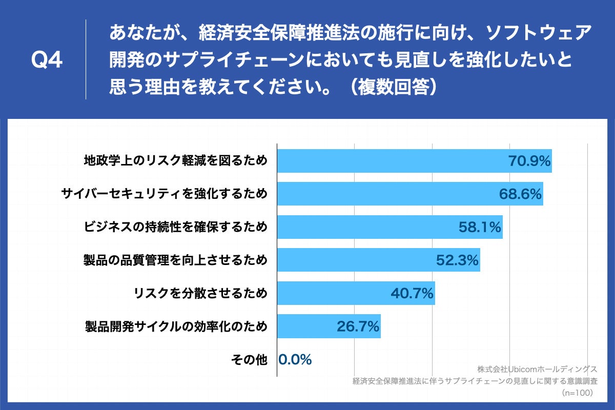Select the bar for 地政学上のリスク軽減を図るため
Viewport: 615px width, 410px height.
389,161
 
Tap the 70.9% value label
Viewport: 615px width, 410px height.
529,161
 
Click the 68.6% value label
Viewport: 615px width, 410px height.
520,194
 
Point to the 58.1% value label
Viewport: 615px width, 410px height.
480,227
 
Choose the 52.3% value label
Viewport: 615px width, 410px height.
457,260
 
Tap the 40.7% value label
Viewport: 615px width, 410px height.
412,293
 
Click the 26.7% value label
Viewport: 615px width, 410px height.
358,326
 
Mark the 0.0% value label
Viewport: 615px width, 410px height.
295,360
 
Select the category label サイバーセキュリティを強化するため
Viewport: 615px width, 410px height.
165,194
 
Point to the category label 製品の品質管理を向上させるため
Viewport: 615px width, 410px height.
176,260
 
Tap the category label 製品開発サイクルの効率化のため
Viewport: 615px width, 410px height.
176,326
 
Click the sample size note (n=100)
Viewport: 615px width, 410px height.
577,393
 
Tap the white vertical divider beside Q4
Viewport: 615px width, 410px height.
86,59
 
